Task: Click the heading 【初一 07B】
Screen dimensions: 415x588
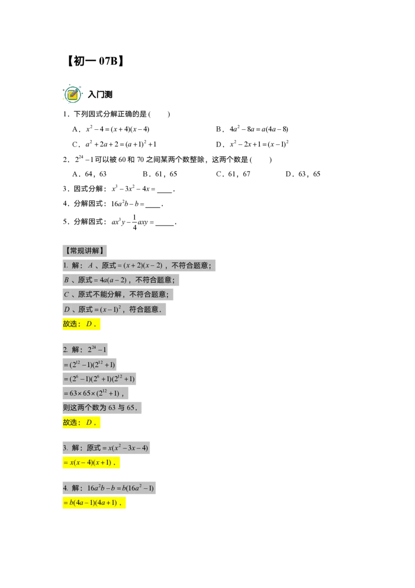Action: (95, 61)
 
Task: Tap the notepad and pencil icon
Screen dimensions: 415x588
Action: (73, 93)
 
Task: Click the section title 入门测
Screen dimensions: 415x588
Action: (100, 95)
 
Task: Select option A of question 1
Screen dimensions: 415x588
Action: (111, 129)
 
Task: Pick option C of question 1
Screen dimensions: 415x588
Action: (114, 144)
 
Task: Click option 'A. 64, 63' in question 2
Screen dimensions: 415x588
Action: (90, 174)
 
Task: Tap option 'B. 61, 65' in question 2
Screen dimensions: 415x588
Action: (160, 174)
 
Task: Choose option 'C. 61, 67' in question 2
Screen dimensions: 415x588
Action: (233, 174)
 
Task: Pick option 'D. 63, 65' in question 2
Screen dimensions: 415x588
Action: (303, 174)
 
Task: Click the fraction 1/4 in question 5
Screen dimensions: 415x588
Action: (134, 222)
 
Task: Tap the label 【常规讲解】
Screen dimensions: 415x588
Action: (85, 251)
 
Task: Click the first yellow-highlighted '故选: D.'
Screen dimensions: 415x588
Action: (81, 324)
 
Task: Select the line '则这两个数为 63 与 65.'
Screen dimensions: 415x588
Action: (102, 408)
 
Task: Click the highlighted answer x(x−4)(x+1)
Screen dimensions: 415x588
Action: (91, 463)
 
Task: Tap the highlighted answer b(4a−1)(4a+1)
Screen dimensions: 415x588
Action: (94, 503)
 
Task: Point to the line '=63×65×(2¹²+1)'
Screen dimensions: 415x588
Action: (95, 393)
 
